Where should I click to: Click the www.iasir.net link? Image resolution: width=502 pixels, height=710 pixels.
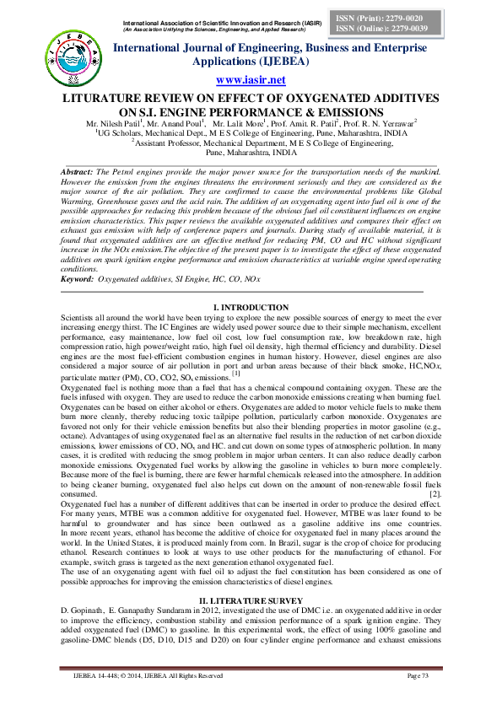251,80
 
